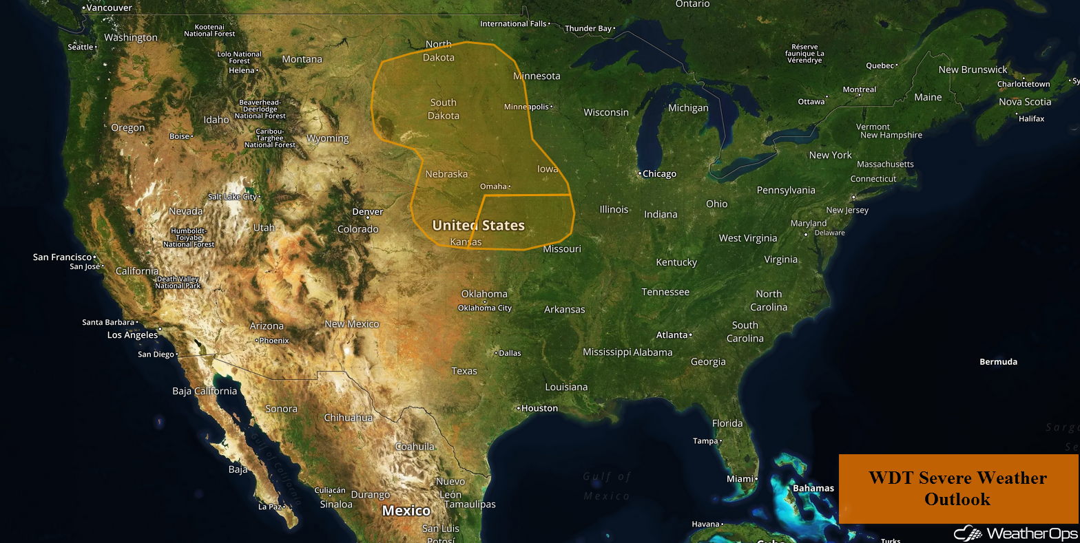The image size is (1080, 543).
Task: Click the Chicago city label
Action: (659, 174)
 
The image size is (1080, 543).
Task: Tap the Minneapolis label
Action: (527, 107)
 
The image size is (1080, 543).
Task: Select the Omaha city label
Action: (493, 187)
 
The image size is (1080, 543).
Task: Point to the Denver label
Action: (367, 212)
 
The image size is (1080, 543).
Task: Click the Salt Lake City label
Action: (232, 197)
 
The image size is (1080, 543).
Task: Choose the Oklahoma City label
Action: (485, 308)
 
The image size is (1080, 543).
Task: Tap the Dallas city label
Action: (510, 353)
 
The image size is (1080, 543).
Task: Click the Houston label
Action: (539, 408)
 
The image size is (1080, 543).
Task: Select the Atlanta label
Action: (672, 335)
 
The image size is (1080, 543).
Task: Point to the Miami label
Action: (740, 478)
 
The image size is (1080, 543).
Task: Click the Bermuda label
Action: (998, 362)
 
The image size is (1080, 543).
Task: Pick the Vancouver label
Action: (109, 8)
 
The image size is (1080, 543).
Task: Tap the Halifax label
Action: (1032, 119)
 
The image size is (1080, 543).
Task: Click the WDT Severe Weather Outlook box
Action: (957, 488)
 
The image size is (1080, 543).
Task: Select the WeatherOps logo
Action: (1012, 533)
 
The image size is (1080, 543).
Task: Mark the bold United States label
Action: (478, 225)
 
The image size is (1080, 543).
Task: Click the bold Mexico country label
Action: (406, 511)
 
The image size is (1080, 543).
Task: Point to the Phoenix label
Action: (274, 341)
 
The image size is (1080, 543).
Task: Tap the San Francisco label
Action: (62, 257)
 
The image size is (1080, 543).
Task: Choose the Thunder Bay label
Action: (588, 29)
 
